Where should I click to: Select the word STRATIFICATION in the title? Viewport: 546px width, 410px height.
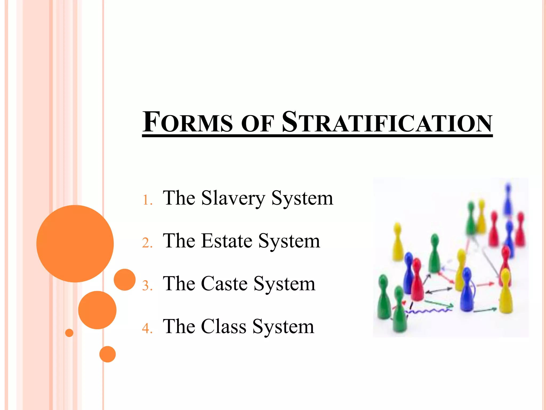click(387, 122)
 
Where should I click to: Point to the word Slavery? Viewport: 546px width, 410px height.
click(233, 198)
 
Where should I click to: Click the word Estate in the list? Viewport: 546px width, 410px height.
click(227, 241)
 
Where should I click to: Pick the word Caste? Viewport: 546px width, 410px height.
click(224, 284)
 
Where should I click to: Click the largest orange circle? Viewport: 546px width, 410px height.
click(75, 243)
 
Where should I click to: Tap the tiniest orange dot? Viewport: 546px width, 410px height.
click(69, 333)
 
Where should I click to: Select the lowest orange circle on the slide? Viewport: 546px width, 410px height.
click(107, 354)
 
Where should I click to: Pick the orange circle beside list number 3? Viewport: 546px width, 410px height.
click(125, 279)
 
